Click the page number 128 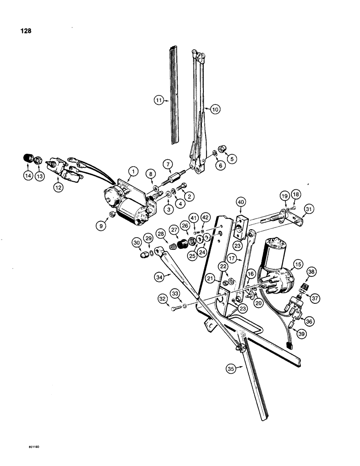coord(27,32)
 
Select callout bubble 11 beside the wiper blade coord(159,99)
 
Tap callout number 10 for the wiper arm coord(214,109)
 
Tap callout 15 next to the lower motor coord(296,264)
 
